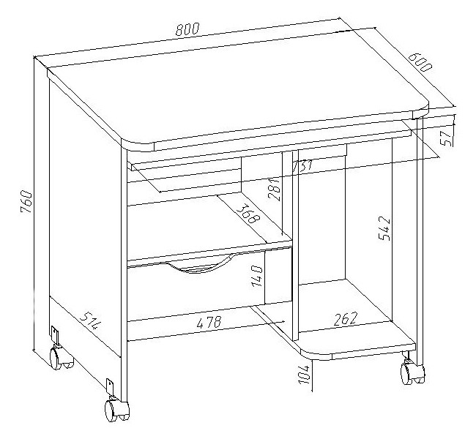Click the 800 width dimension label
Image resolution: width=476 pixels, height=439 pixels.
[x=187, y=29]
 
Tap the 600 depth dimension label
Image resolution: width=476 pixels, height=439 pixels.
[x=420, y=62]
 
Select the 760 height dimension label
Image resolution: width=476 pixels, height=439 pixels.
[x=26, y=202]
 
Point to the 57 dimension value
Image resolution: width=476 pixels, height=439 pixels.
[x=447, y=138]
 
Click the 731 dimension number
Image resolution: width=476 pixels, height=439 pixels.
[x=302, y=165]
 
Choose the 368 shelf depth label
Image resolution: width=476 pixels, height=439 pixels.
[x=248, y=214]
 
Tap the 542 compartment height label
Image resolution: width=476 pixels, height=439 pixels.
[x=384, y=228]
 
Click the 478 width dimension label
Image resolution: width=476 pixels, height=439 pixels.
[x=209, y=322]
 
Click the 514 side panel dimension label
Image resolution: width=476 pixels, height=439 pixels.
[x=91, y=320]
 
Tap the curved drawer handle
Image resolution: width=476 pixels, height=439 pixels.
[x=201, y=264]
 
